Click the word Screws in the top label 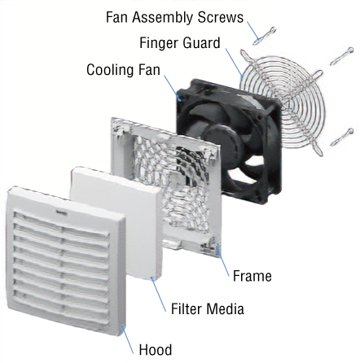[x=221, y=17]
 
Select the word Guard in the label [x=201, y=43]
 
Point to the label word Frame [x=252, y=276]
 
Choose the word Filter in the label [x=187, y=308]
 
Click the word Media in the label [x=225, y=308]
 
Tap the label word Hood [x=156, y=350]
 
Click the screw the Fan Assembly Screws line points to [x=265, y=36]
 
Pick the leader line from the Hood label [x=127, y=339]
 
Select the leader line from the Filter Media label [x=158, y=295]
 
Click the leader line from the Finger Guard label [x=234, y=62]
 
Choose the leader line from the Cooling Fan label [x=172, y=88]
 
